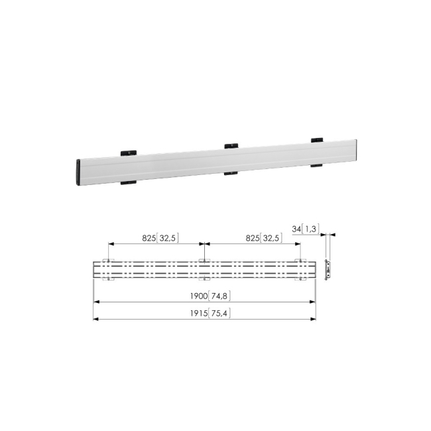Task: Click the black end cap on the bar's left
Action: [80, 173]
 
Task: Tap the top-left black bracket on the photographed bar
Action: [127, 153]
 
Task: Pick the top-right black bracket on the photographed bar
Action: [317, 139]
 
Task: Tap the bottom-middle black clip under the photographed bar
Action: [231, 174]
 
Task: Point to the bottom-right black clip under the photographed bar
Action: [316, 164]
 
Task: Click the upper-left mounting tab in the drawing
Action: [108, 259]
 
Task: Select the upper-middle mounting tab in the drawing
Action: [204, 259]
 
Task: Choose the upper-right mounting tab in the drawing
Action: [300, 259]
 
